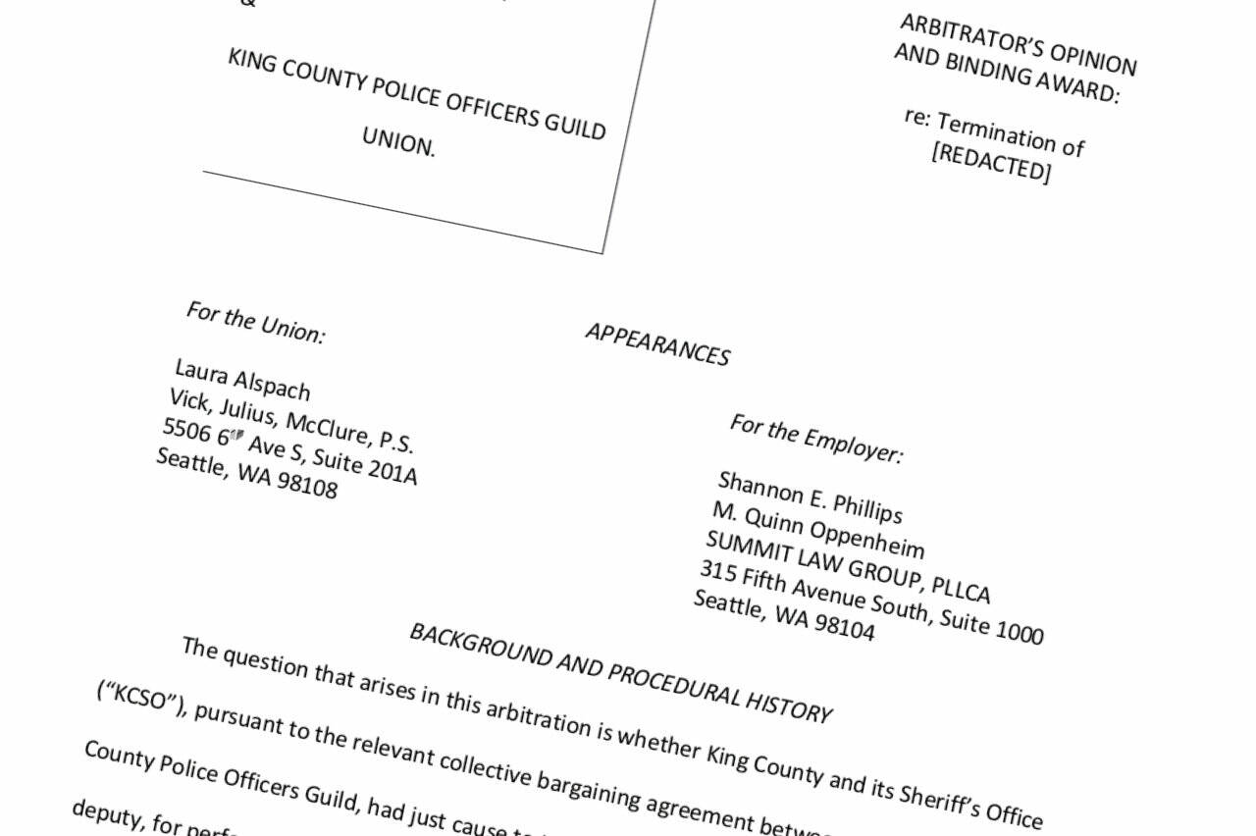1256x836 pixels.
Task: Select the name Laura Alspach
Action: click(242, 380)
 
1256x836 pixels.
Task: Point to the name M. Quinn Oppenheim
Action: click(818, 531)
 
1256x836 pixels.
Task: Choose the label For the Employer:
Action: click(815, 439)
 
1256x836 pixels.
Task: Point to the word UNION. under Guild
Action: click(398, 142)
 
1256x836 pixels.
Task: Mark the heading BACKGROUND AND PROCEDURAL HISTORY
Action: click(620, 672)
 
